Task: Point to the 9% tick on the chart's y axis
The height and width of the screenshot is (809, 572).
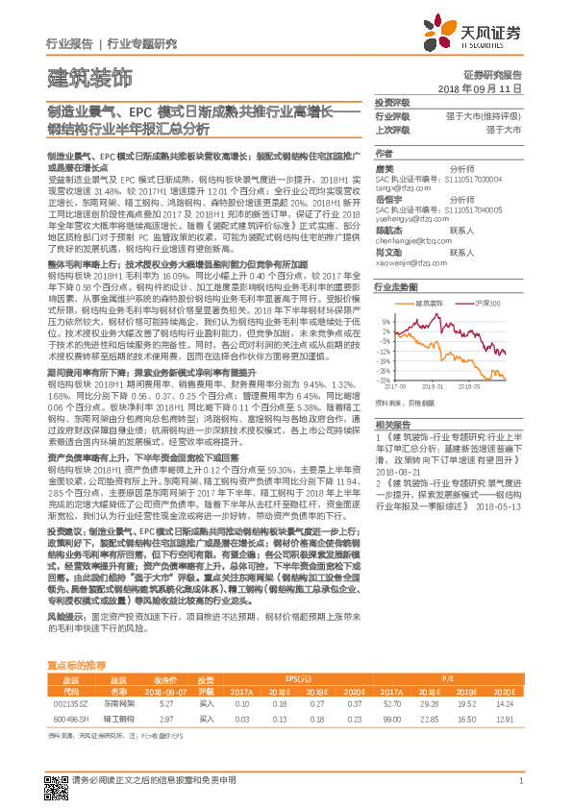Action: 385,321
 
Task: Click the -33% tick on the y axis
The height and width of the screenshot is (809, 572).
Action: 383,378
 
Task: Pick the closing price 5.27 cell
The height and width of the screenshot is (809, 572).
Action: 164,703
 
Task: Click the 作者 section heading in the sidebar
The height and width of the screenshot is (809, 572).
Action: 384,153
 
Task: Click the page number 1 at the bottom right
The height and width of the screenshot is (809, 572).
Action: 520,782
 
